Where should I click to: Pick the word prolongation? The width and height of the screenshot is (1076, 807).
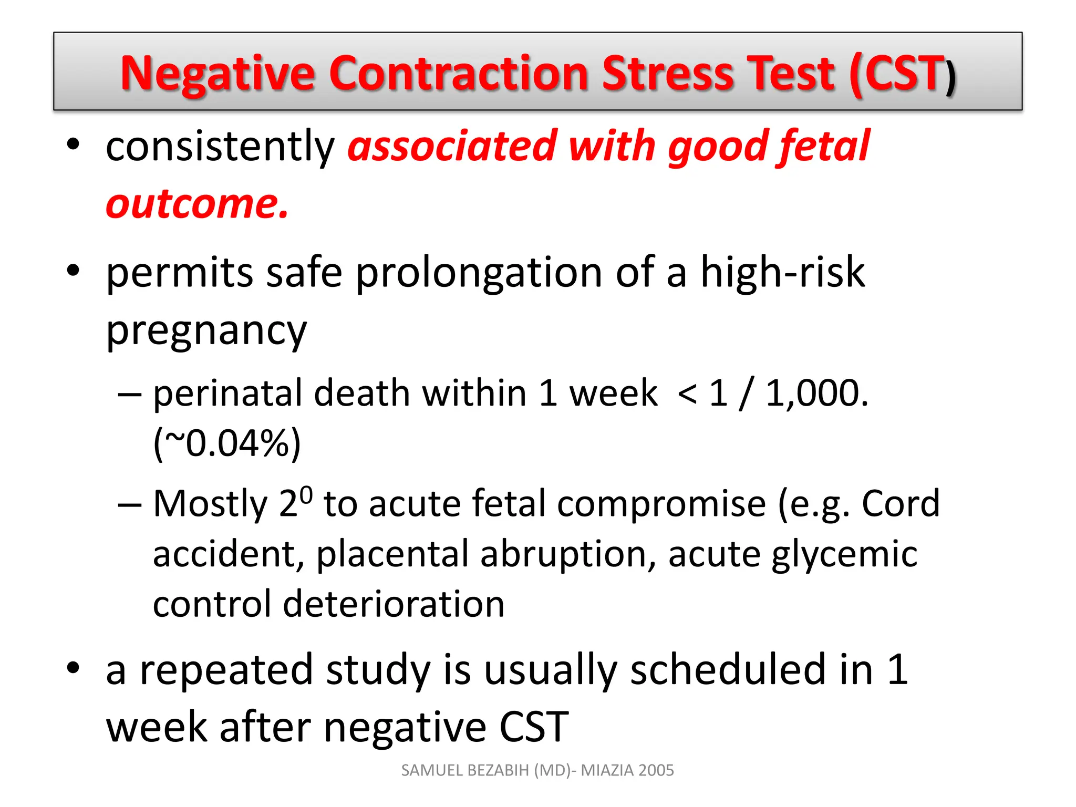coord(479,273)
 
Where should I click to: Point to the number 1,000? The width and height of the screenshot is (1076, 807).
coord(817,393)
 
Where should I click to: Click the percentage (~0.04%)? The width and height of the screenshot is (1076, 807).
coord(227,443)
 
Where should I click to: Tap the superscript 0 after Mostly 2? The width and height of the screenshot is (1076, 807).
coord(307,494)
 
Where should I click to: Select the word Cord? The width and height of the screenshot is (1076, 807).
coord(900,503)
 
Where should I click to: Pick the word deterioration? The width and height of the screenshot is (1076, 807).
coord(394,604)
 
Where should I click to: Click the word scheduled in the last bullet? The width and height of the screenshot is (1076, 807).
coord(728,670)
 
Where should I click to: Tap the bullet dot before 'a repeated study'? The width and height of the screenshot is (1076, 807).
coord(73,667)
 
